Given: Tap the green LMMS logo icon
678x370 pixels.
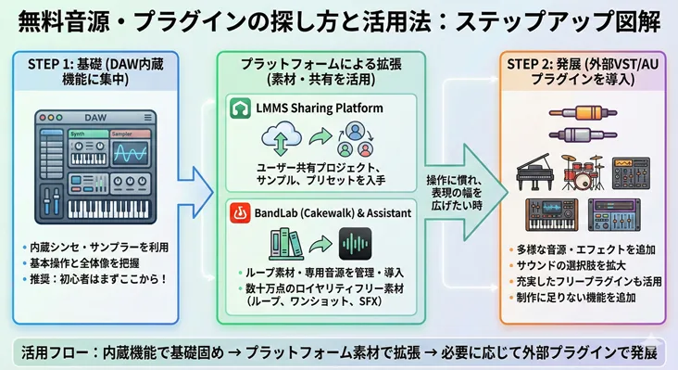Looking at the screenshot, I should [240, 109].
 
